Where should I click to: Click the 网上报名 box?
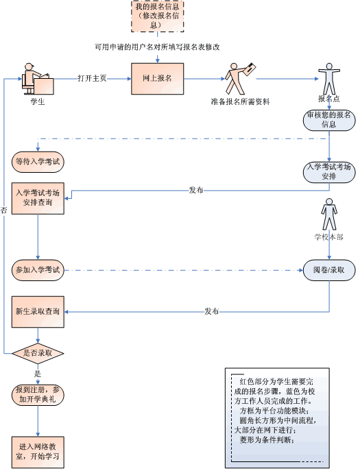tap(158, 79)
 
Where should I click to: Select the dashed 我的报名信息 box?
tap(158, 16)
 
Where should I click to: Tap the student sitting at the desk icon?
tap(38, 79)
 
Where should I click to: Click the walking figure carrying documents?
tap(241, 78)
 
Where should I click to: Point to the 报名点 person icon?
tap(329, 79)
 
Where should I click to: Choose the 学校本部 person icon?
tap(329, 214)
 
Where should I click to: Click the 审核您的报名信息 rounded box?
tap(329, 120)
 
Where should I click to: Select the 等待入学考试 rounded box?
tap(38, 162)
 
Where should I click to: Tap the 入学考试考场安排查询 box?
tap(38, 198)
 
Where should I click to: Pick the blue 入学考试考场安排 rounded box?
tap(329, 172)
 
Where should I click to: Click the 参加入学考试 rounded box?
tap(38, 270)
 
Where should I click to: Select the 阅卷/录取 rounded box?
tap(329, 270)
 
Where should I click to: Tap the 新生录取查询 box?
tap(38, 312)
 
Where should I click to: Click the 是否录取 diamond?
tap(38, 353)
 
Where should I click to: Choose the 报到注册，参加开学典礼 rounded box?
tap(38, 395)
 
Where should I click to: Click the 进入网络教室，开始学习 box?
tap(38, 452)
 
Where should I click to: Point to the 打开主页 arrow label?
tap(93, 78)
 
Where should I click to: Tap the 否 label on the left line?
tap(3, 210)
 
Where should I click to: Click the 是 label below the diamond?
tap(37, 374)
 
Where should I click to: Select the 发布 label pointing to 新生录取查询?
tap(212, 311)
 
